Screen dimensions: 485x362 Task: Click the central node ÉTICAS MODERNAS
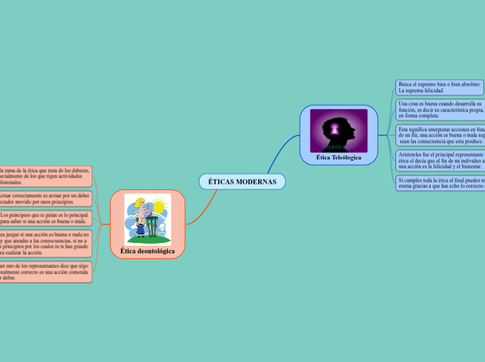242,182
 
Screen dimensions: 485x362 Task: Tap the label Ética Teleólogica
339,159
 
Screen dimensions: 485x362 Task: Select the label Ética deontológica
148,251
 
